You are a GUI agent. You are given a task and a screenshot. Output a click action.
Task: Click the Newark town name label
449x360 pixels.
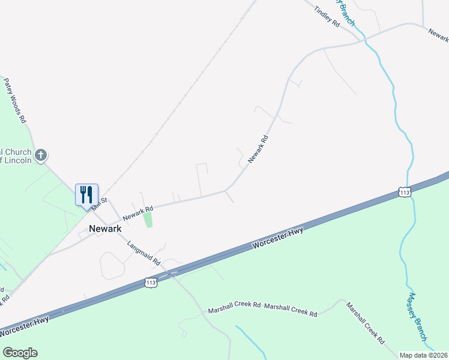point(105,229)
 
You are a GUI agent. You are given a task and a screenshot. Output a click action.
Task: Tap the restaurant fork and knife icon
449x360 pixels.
point(86,194)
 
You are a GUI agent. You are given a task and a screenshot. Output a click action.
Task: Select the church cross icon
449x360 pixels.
point(41,156)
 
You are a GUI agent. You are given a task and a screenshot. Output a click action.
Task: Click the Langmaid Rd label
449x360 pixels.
point(143,253)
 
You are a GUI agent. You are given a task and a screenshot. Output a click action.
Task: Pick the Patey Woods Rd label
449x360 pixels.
point(16,100)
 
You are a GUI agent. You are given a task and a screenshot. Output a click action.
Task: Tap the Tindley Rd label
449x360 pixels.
point(327,16)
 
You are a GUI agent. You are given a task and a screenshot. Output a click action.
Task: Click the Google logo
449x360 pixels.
point(20,353)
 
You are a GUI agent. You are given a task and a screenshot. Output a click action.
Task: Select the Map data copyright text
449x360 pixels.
point(424,355)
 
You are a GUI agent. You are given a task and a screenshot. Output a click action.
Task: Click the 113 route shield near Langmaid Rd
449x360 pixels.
point(151,282)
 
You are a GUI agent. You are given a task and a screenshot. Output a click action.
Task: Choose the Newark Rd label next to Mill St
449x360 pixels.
point(137,212)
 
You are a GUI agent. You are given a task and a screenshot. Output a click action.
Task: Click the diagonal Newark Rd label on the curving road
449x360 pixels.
point(258,147)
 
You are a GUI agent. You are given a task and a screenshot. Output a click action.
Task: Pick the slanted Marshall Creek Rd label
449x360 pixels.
point(365,322)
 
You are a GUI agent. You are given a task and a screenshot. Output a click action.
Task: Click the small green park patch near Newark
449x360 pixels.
point(148,220)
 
